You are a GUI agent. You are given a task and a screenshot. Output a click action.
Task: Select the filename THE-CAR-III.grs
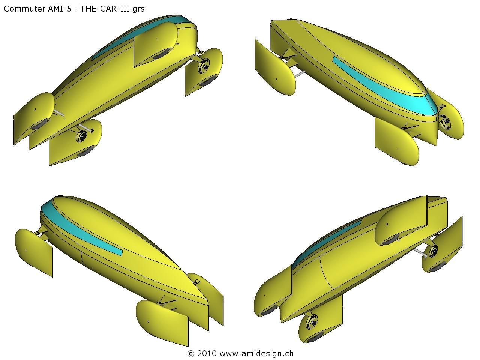pyautogui.click(x=112, y=9)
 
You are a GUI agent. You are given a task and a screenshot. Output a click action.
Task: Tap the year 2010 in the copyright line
pyautogui.click(x=207, y=354)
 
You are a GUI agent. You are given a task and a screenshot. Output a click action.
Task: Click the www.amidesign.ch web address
pyautogui.click(x=256, y=354)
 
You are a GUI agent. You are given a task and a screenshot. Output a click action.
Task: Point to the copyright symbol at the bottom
pyautogui.click(x=191, y=354)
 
